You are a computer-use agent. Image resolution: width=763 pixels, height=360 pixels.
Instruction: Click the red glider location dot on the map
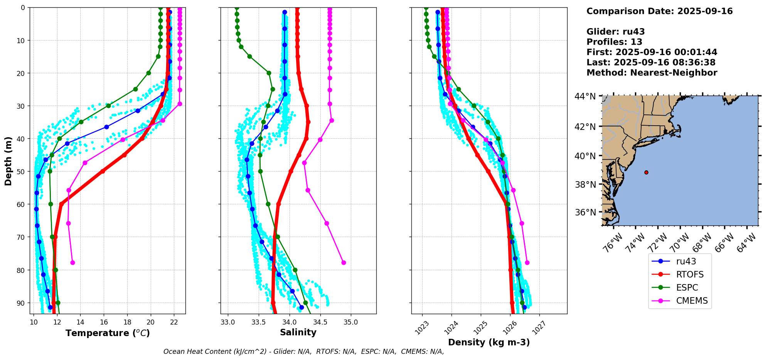point(646,172)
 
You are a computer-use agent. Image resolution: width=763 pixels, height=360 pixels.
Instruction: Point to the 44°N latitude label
point(585,96)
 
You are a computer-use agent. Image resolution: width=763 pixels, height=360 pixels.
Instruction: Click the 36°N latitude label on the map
point(585,212)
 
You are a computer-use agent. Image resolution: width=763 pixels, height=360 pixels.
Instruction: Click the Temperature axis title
point(108,333)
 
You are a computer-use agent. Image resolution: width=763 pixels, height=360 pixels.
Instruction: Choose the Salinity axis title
point(298,332)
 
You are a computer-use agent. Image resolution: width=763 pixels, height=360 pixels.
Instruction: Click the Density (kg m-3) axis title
point(489,342)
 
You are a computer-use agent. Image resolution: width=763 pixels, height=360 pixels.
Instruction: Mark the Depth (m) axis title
point(8,161)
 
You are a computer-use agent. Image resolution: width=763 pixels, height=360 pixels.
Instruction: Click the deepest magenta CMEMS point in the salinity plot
point(344,262)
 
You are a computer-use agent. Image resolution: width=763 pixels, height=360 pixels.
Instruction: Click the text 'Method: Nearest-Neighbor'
point(652,73)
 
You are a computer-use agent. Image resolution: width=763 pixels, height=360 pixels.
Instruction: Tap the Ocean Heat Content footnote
point(303,352)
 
